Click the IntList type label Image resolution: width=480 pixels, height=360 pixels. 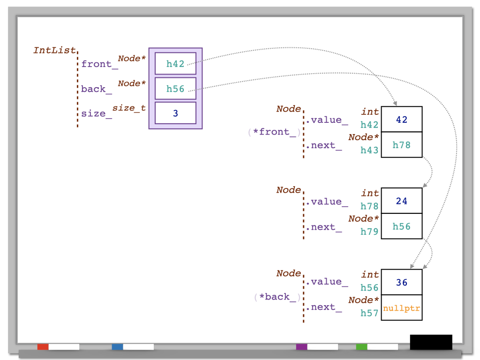tap(54, 50)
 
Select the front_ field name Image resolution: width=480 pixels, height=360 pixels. tap(97, 64)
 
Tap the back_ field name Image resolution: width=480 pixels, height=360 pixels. tap(93, 89)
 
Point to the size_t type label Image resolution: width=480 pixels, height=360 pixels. tap(129, 108)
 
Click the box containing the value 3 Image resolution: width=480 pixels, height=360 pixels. tap(175, 113)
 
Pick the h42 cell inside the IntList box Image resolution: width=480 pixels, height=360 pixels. tap(175, 64)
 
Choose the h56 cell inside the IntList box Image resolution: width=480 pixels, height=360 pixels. tap(175, 89)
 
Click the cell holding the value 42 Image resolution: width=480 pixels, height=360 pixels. tap(402, 120)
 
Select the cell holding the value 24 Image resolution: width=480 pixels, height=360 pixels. tap(402, 201)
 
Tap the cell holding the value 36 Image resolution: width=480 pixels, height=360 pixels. tap(402, 283)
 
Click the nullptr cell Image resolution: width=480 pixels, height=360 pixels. tap(402, 308)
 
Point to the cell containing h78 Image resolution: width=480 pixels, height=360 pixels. tap(402, 145)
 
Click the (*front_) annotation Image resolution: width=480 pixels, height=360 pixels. tap(275, 132)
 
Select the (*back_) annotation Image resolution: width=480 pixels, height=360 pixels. tap(277, 297)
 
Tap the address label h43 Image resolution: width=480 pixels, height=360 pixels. tap(369, 150)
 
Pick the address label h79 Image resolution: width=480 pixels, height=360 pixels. tap(369, 232)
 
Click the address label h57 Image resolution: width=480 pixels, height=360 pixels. tap(369, 313)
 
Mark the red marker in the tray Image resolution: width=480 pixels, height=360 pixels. tap(43, 347)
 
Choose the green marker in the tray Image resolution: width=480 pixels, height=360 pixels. tap(361, 347)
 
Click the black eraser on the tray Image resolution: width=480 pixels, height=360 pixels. tap(431, 342)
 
